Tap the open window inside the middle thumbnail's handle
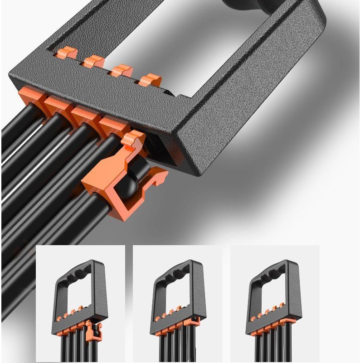click(x=175, y=295)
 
